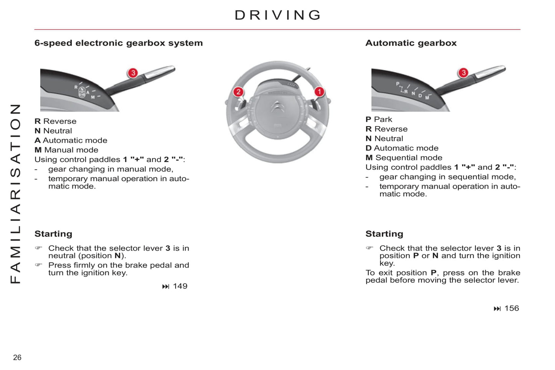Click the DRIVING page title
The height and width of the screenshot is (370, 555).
pyautogui.click(x=278, y=15)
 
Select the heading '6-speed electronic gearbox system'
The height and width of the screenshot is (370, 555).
pyautogui.click(x=118, y=43)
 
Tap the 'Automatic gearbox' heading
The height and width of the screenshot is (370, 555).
pyautogui.click(x=411, y=43)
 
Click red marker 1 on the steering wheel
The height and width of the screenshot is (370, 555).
pyautogui.click(x=319, y=92)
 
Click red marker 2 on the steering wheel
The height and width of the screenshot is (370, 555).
pyautogui.click(x=238, y=92)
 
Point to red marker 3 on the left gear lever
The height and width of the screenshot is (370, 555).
pyautogui.click(x=133, y=73)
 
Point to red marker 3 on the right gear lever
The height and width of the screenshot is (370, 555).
pyautogui.click(x=464, y=73)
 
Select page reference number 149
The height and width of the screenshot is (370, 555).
pyautogui.click(x=180, y=286)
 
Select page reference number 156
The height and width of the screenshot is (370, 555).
pyautogui.click(x=511, y=309)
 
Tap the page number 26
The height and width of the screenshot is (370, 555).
pyautogui.click(x=17, y=357)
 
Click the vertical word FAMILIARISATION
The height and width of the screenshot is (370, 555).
pyautogui.click(x=15, y=194)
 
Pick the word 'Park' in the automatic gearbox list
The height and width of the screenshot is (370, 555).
pyautogui.click(x=383, y=119)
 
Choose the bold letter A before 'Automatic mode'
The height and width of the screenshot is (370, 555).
pyautogui.click(x=37, y=140)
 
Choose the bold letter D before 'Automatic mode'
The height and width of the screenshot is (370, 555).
pyautogui.click(x=368, y=148)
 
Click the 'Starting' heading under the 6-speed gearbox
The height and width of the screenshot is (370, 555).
pyautogui.click(x=53, y=234)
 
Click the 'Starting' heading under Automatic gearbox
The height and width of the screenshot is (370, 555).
pyautogui.click(x=384, y=234)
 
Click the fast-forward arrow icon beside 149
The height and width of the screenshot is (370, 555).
pyautogui.click(x=166, y=287)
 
